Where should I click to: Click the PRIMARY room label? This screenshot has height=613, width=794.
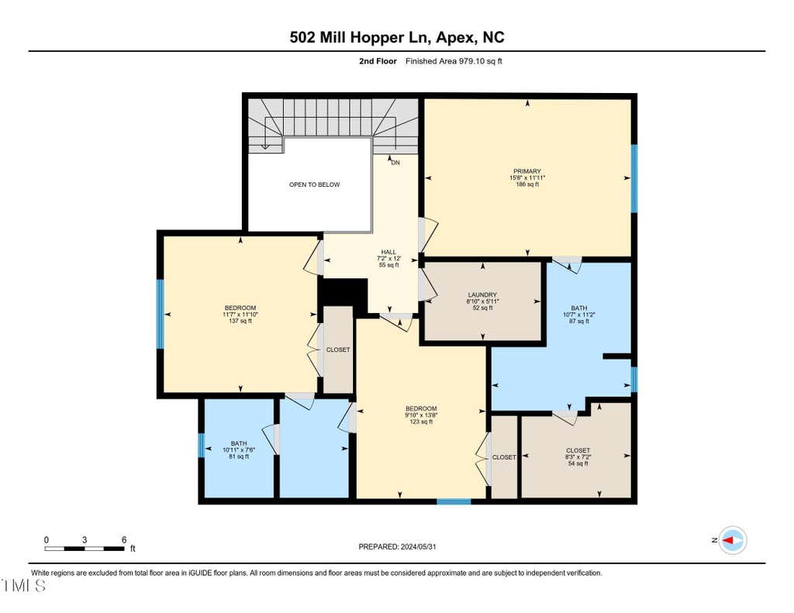pyautogui.click(x=527, y=171)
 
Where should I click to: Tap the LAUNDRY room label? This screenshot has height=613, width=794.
pyautogui.click(x=482, y=294)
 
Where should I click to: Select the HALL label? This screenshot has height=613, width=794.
pyautogui.click(x=389, y=252)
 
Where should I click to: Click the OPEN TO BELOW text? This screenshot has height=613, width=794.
pyautogui.click(x=315, y=184)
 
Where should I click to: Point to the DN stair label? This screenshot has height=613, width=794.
pyautogui.click(x=395, y=163)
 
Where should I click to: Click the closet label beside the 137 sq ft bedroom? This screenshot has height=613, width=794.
pyautogui.click(x=338, y=350)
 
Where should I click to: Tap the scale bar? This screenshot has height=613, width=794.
pyautogui.click(x=85, y=548)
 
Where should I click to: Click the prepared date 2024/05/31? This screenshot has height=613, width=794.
pyautogui.click(x=398, y=546)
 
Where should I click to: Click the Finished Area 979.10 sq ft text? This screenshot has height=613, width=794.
pyautogui.click(x=454, y=61)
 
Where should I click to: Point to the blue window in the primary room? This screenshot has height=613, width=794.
pyautogui.click(x=634, y=179)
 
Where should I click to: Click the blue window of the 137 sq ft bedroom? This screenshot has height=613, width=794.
pyautogui.click(x=160, y=315)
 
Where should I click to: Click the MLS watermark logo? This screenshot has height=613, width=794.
pyautogui.click(x=24, y=586)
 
